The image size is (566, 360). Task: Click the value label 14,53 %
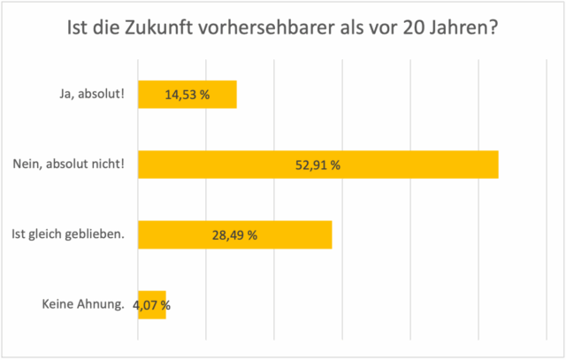[x=187, y=95]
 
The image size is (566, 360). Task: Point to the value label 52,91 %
[x=318, y=165]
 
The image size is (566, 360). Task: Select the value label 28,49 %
[x=235, y=235]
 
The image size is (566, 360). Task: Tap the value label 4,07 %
[x=152, y=306]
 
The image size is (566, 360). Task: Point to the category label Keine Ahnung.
[x=83, y=306]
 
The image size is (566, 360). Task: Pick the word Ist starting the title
[x=76, y=29]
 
